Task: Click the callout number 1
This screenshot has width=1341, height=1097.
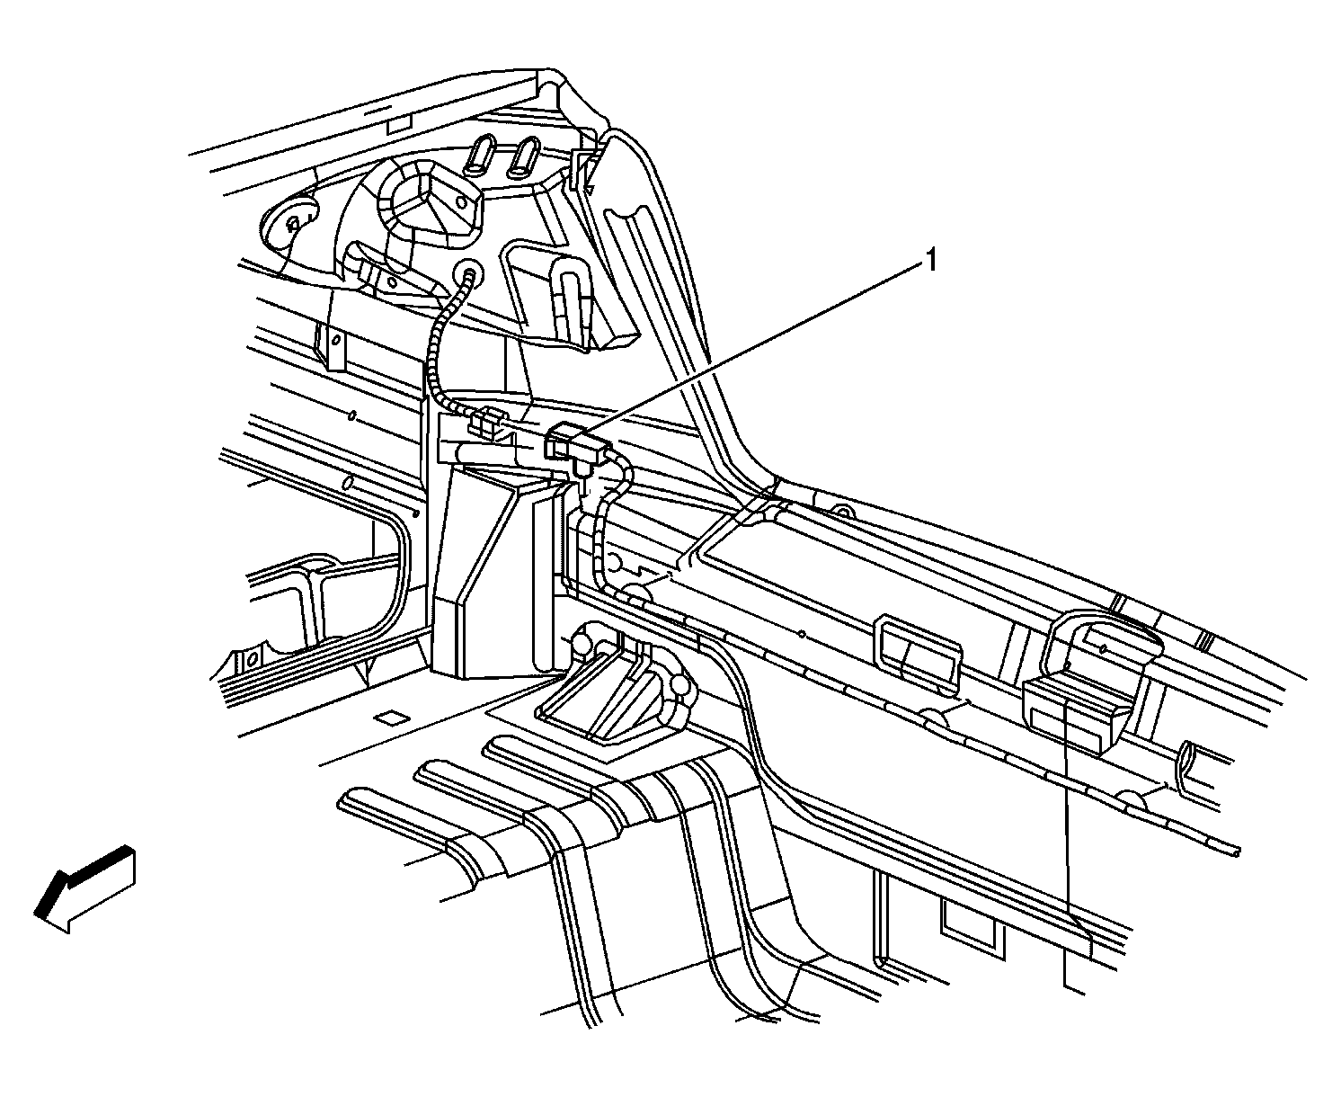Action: pos(930,261)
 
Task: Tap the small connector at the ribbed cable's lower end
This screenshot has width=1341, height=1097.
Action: pos(486,422)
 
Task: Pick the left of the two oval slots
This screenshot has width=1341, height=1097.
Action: pos(479,156)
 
